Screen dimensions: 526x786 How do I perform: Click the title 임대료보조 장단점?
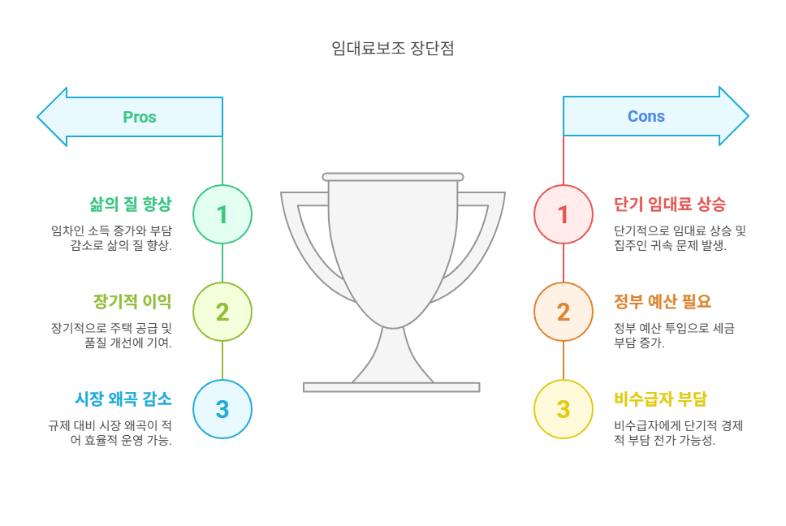point(393,48)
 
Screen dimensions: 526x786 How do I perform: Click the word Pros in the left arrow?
point(140,117)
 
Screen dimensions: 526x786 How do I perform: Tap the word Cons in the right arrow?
point(646,116)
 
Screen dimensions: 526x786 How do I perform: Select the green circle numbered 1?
point(222,214)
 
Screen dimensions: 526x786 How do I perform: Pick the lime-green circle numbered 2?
point(222,312)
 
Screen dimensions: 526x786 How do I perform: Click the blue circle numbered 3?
point(222,409)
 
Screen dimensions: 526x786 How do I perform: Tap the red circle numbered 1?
point(564,214)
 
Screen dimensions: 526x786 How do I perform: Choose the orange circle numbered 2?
point(564,312)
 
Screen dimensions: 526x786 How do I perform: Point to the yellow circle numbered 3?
point(564,409)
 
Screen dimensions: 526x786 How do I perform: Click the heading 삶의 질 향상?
point(131,204)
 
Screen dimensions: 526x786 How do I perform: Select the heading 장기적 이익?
point(132,301)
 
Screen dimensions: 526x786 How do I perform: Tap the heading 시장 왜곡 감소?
point(123,399)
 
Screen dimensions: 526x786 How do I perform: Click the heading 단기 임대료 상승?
point(670,204)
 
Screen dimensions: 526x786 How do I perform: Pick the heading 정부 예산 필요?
point(663,301)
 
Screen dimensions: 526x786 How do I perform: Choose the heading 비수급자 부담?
point(661,399)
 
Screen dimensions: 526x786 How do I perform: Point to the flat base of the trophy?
point(391,387)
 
